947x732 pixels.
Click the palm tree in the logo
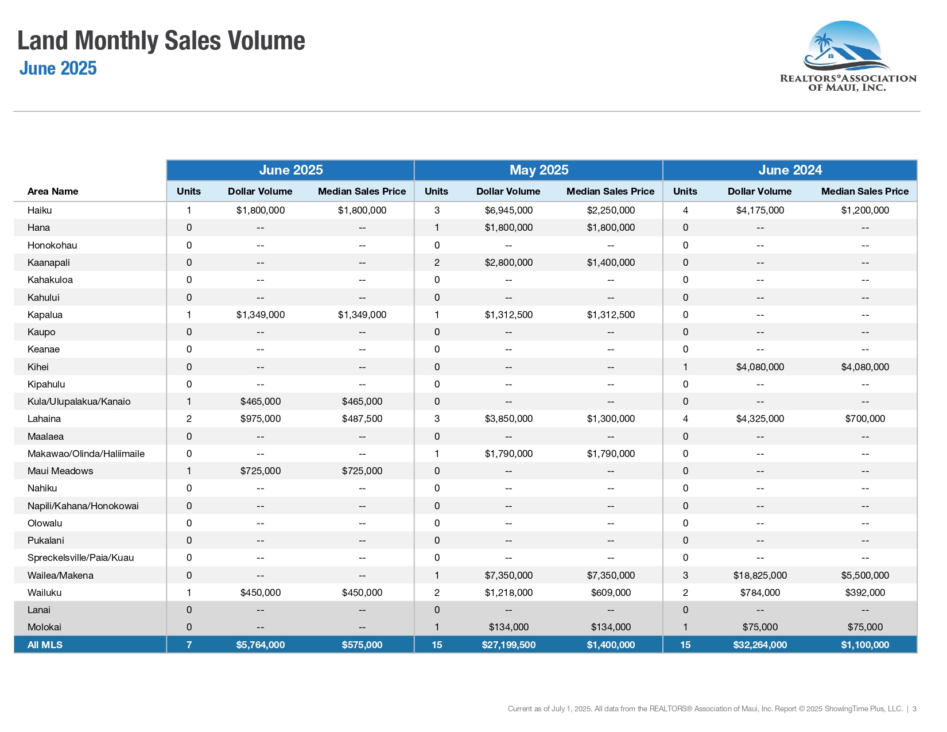[x=823, y=44]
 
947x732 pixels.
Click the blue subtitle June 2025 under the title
[x=58, y=68]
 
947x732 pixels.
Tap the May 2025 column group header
[x=539, y=169]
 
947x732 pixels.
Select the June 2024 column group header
[x=790, y=169]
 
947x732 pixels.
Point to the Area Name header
[x=53, y=191]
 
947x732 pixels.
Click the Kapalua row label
[x=45, y=315]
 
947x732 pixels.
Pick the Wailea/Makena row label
[x=61, y=575]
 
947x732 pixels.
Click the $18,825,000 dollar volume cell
[x=759, y=575]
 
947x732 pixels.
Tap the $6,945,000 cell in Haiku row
[x=509, y=210]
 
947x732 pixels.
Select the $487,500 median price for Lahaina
[x=362, y=419]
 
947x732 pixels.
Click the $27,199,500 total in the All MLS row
[x=509, y=644]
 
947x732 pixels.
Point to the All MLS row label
[x=45, y=644]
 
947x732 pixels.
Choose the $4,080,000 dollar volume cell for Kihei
[x=759, y=367]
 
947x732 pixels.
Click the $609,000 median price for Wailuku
[x=611, y=592]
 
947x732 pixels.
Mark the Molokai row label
[x=44, y=627]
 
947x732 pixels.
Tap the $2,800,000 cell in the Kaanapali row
[x=509, y=262]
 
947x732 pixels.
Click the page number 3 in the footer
[x=914, y=708]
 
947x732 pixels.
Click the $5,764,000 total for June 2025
[x=260, y=644]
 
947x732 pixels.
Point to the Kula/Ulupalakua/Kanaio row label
[x=79, y=401]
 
